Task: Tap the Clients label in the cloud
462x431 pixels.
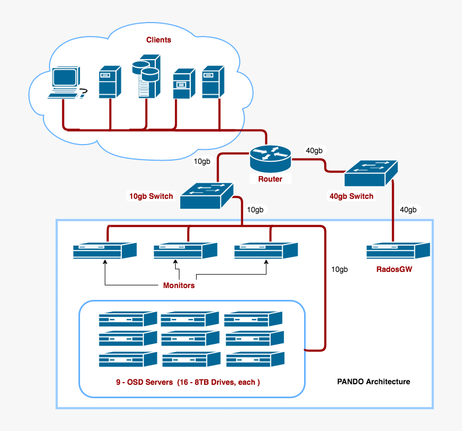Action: coord(158,40)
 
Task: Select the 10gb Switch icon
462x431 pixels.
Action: coord(207,196)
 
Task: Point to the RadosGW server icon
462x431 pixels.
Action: coord(398,251)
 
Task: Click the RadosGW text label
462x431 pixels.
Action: coord(394,269)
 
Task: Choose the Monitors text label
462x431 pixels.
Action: coord(179,285)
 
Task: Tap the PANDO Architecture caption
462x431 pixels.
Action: coord(373,382)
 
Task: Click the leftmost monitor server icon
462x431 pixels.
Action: coord(105,251)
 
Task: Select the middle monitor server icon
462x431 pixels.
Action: coord(185,251)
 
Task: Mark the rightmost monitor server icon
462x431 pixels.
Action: coord(266,251)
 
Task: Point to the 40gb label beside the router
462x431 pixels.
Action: coord(314,151)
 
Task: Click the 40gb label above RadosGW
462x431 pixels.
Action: coord(408,210)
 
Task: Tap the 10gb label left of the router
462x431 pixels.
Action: coord(202,161)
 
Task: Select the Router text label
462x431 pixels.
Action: coord(270,179)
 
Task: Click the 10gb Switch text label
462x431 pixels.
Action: coord(151,196)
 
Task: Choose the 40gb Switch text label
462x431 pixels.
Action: coord(351,196)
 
